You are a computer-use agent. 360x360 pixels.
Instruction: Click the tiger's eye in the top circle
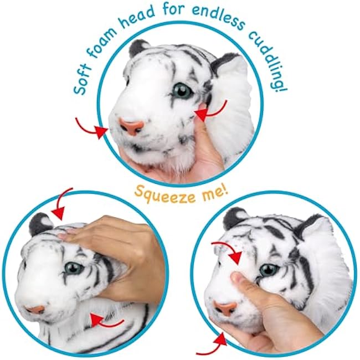point(181,91)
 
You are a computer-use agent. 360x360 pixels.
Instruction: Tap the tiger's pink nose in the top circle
point(131,126)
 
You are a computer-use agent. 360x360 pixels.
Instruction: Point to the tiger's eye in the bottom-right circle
point(269,270)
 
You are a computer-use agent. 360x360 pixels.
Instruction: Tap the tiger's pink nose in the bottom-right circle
point(225,307)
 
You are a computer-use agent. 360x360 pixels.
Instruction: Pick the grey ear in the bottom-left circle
point(40,224)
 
